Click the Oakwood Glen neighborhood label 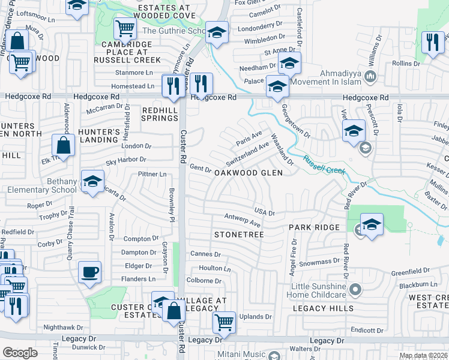click(x=249, y=172)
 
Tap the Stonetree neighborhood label click(x=239, y=234)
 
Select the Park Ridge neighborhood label click(x=314, y=228)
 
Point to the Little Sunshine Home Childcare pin click(x=355, y=290)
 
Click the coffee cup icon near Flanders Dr click(x=89, y=272)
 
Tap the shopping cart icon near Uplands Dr click(x=224, y=322)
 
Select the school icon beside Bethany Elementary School click(x=92, y=181)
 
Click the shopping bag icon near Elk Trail click(x=63, y=145)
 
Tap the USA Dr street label click(x=264, y=212)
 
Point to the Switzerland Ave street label click(x=247, y=154)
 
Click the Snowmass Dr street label click(x=319, y=262)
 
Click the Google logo click(x=20, y=353)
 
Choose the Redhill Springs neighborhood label click(x=160, y=114)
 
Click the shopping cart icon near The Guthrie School click(x=125, y=27)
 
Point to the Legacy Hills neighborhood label click(x=324, y=308)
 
